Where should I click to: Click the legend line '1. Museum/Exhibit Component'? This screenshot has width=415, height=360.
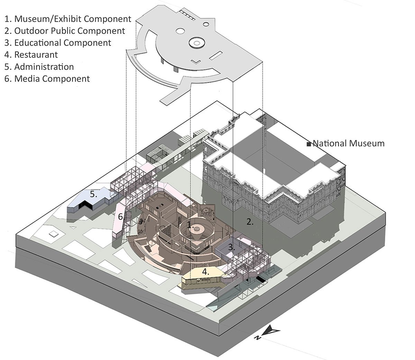tap(68, 19)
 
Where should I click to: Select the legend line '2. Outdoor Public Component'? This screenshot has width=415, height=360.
tap(65, 31)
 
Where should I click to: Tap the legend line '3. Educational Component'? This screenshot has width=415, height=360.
tap(58, 43)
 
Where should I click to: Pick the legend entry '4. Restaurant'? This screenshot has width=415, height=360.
tap(31, 55)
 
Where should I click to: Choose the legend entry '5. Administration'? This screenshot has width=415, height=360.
tap(39, 67)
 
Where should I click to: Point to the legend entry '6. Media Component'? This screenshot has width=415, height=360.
tap(47, 79)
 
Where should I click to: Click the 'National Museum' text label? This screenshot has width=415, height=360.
tap(348, 143)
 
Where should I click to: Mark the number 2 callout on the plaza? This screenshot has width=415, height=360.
tap(250, 222)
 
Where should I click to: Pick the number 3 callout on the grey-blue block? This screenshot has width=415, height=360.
tap(231, 247)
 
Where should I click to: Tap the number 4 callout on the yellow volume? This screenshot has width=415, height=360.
tap(206, 272)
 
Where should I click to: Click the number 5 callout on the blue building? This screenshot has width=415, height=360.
tap(93, 194)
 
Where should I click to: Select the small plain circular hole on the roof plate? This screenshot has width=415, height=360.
tap(180, 31)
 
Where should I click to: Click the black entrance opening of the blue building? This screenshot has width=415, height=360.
tap(84, 206)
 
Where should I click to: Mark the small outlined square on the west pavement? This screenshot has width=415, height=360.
tap(54, 234)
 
